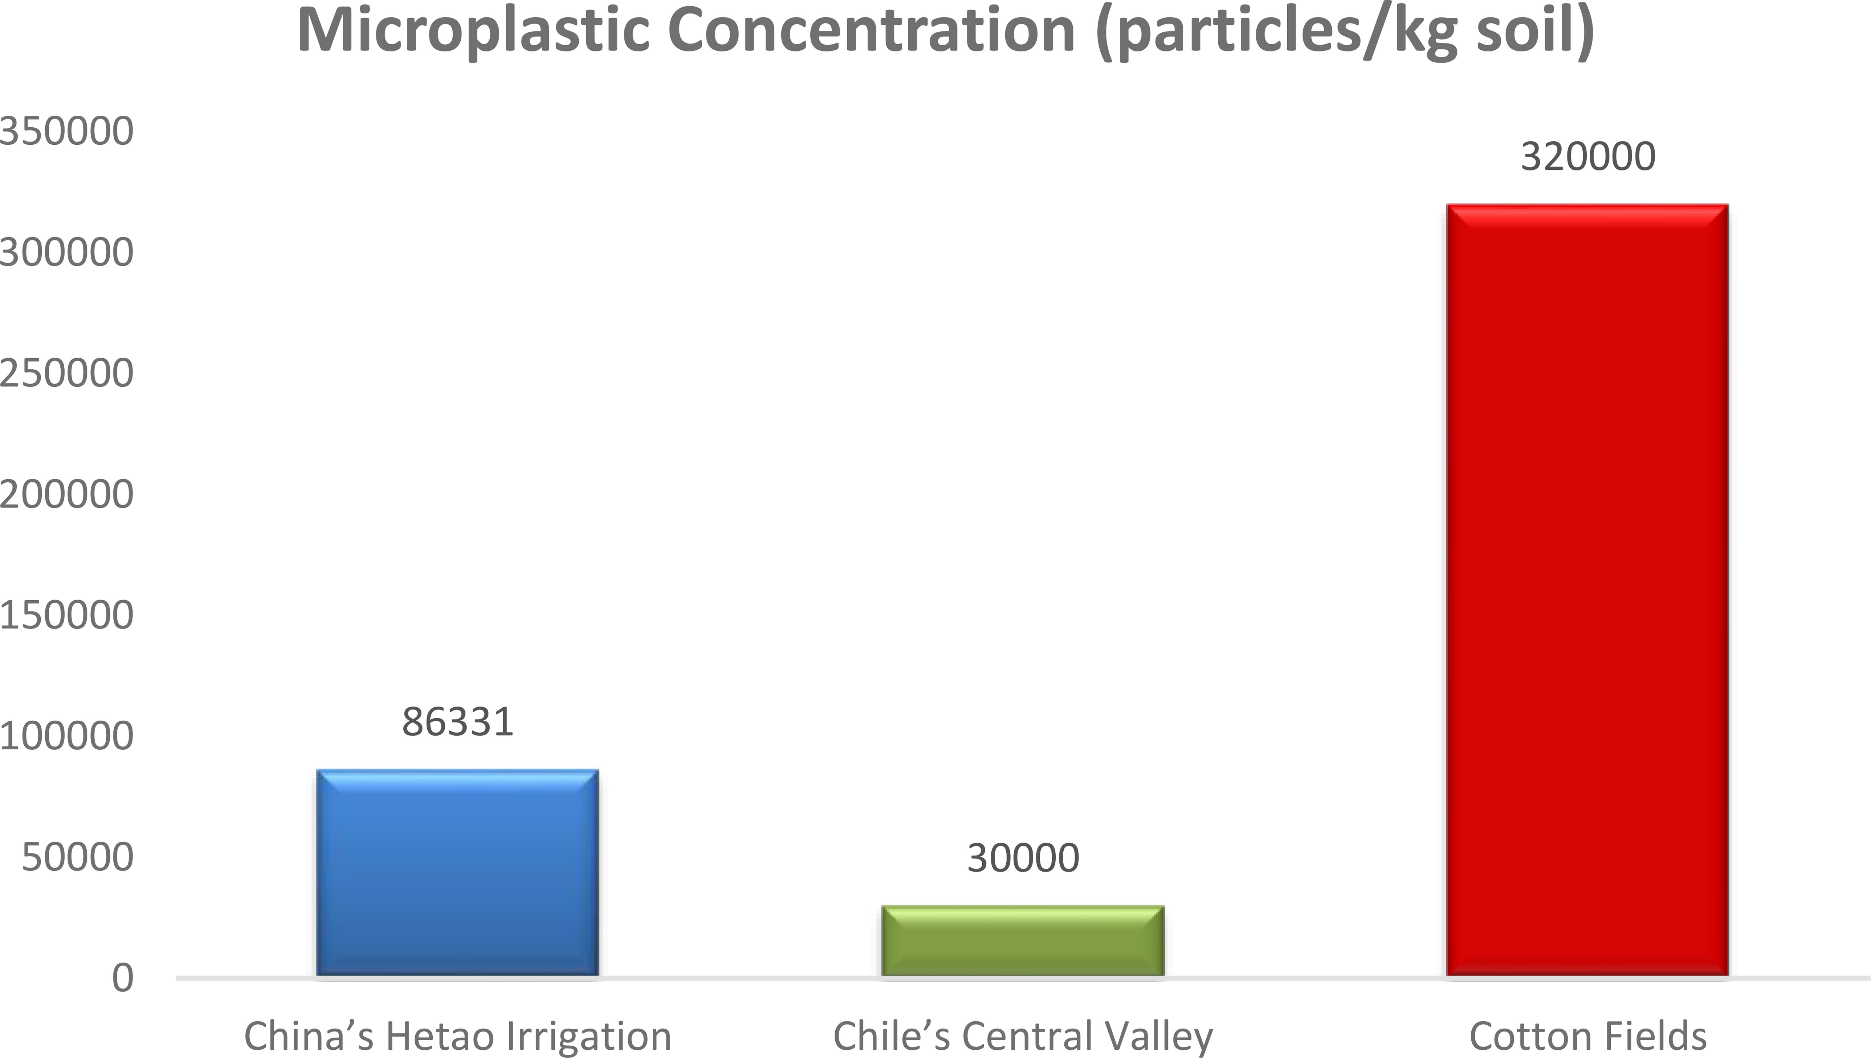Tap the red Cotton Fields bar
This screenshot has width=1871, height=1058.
tap(1587, 590)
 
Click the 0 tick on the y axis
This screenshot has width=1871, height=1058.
tap(123, 978)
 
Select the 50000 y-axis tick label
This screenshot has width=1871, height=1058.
tap(78, 857)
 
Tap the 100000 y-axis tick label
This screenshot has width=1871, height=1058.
tap(67, 736)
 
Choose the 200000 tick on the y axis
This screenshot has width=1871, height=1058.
tap(67, 494)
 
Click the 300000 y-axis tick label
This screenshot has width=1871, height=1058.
tap(67, 252)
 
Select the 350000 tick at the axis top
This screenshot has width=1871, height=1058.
tap(67, 132)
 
